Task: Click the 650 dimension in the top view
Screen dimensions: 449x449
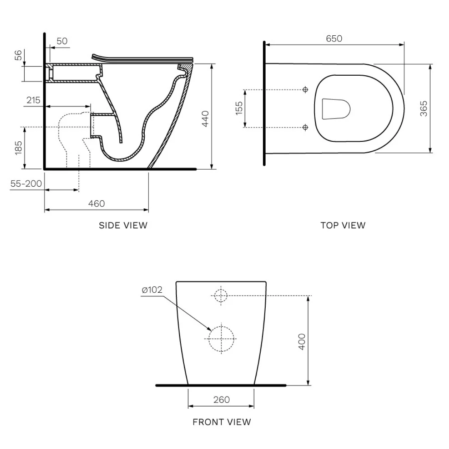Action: pos(334,39)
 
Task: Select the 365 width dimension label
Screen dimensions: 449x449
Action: pos(423,108)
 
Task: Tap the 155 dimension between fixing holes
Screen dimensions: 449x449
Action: pos(239,108)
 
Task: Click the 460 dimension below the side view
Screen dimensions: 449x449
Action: pos(96,203)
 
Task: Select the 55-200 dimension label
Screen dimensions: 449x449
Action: pos(26,183)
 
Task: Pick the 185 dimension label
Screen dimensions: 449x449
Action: pos(19,148)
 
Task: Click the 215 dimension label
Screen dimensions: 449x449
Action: pos(33,100)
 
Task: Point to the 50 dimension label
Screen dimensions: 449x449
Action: pos(62,41)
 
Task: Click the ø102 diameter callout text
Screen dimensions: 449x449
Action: pos(152,290)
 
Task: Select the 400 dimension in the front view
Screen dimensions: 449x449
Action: pos(302,341)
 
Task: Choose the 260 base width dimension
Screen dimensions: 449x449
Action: pos(221,400)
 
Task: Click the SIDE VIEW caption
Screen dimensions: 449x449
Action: pos(123,225)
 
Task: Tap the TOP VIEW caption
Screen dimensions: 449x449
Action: pos(343,225)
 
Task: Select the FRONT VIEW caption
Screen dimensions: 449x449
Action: pos(222,422)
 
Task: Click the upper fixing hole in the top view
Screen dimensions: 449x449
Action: pos(306,89)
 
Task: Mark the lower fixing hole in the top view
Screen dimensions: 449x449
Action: pos(306,127)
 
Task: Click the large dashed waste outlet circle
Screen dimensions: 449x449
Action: pos(221,338)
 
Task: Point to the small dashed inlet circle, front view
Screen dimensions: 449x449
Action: pos(221,295)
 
